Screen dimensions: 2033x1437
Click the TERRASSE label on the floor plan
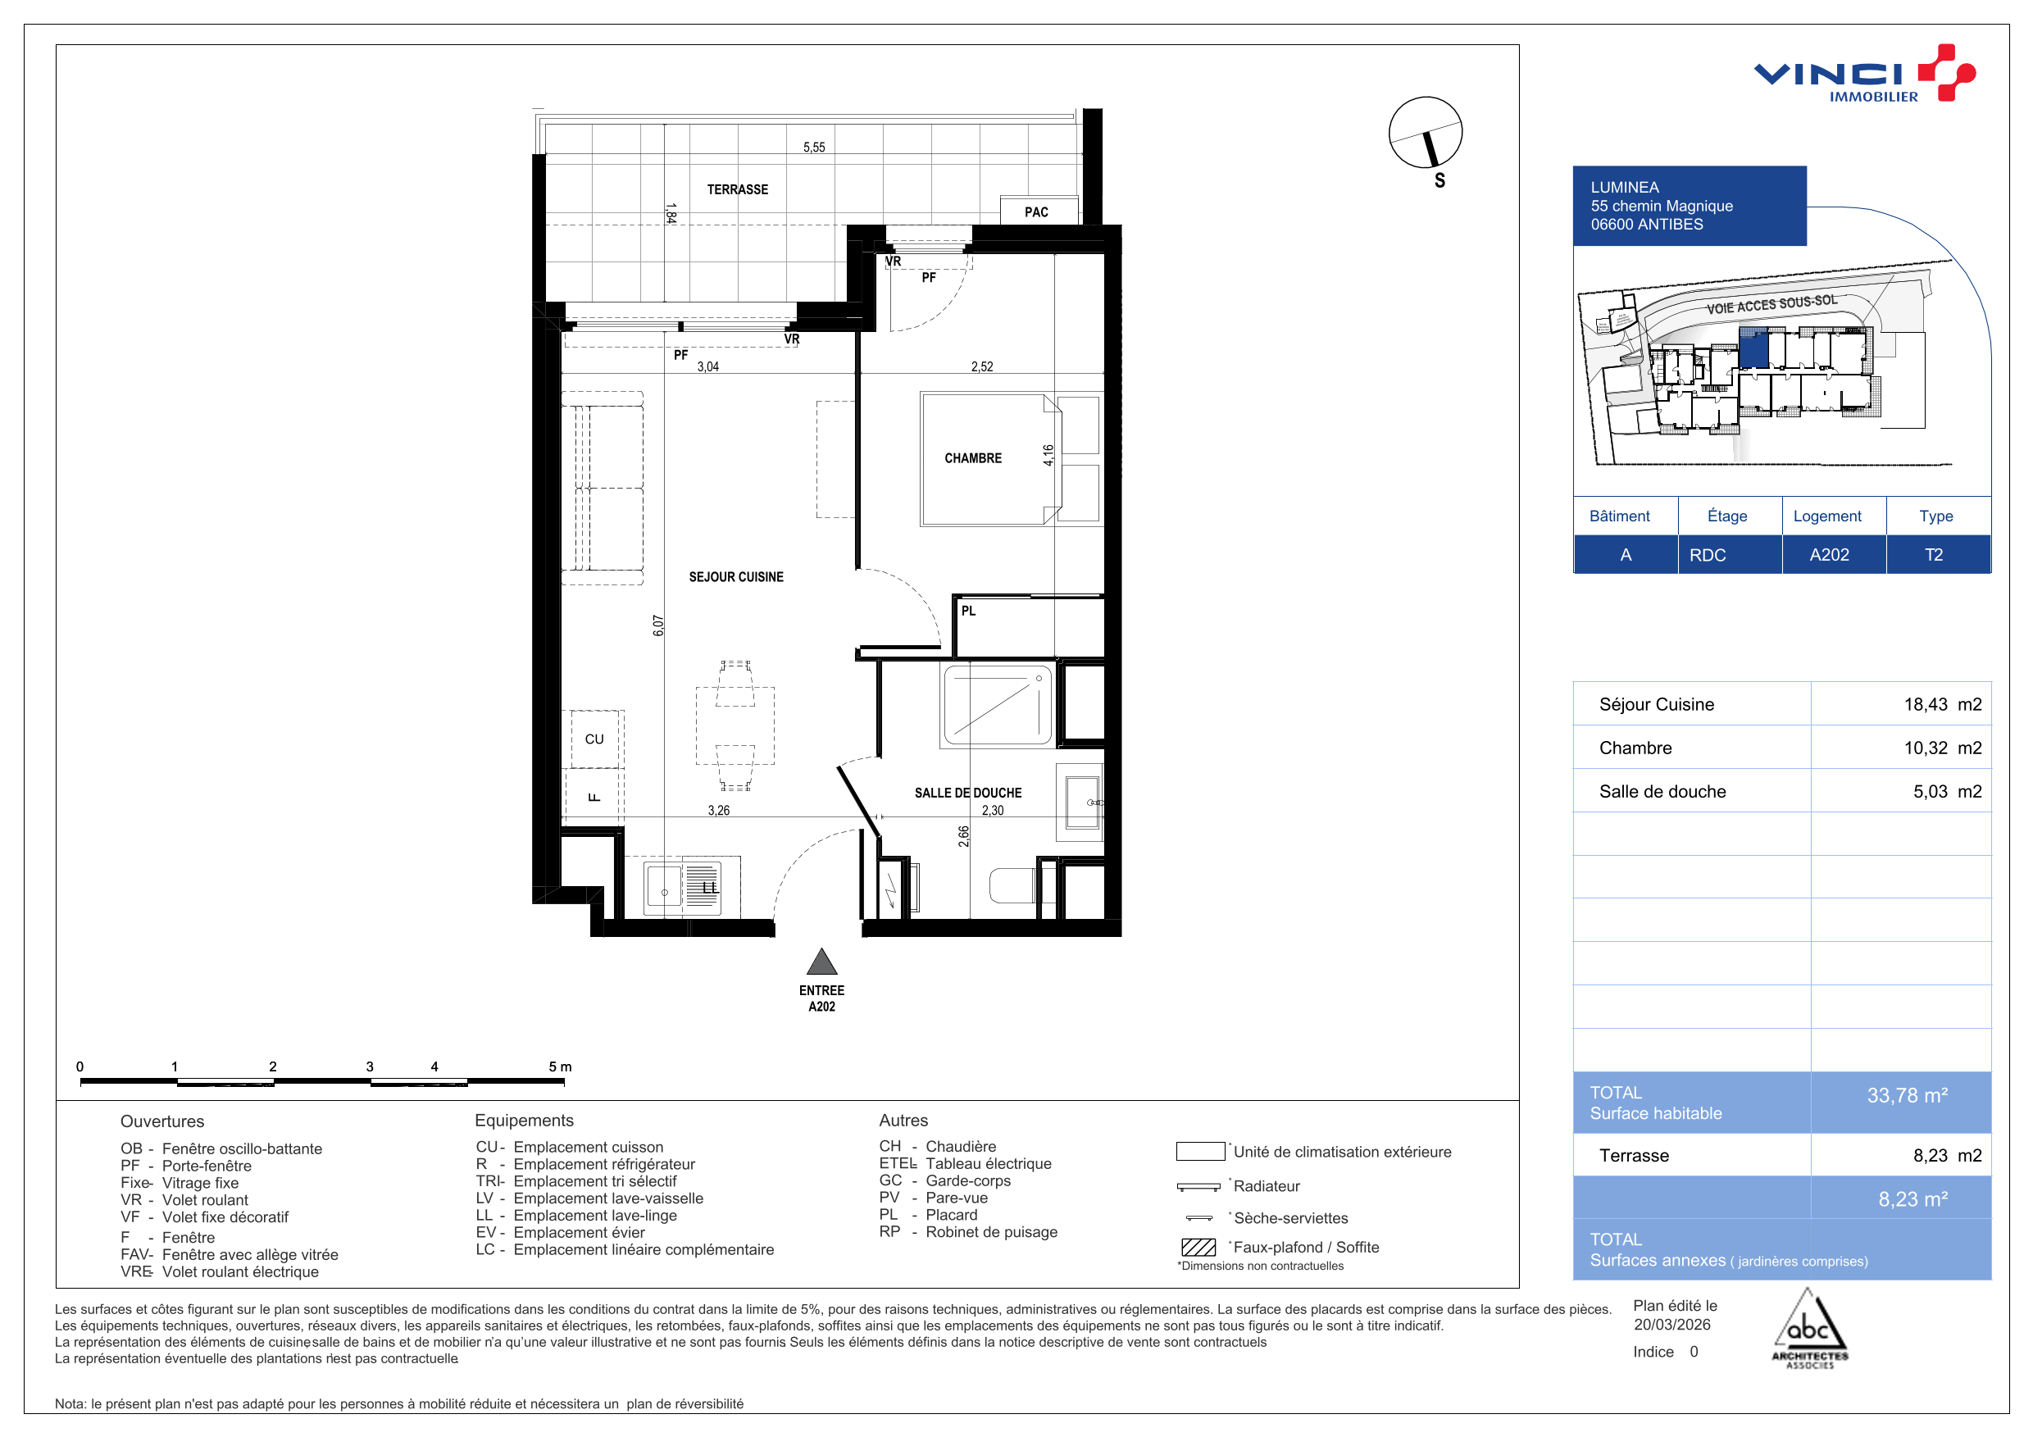pyautogui.click(x=737, y=189)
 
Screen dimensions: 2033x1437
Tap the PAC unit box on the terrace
pyautogui.click(x=1039, y=211)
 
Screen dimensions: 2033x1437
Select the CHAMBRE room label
pyautogui.click(x=972, y=457)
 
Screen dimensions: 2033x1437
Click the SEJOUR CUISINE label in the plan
pyautogui.click(x=736, y=576)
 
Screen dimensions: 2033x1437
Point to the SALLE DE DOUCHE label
pyautogui.click(x=968, y=793)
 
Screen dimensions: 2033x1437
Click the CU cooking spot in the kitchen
pyautogui.click(x=594, y=739)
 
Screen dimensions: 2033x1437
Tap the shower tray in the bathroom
pyautogui.click(x=997, y=705)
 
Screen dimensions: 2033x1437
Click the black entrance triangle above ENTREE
pyautogui.click(x=821, y=962)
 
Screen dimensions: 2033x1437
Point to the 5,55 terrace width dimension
pyautogui.click(x=814, y=147)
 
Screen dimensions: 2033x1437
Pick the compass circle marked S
pyautogui.click(x=1425, y=133)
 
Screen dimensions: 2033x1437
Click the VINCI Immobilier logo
pyautogui.click(x=1864, y=74)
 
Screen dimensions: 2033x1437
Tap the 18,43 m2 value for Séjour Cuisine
pyautogui.click(x=1943, y=705)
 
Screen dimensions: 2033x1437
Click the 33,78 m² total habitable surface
pyautogui.click(x=1908, y=1095)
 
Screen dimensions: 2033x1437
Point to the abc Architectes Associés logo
pyautogui.click(x=1809, y=1330)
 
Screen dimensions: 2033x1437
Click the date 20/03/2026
pyautogui.click(x=1671, y=1325)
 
